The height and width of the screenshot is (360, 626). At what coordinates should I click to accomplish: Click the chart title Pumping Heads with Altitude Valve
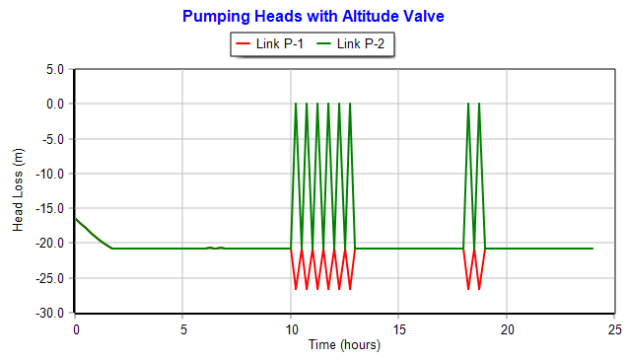(x=313, y=17)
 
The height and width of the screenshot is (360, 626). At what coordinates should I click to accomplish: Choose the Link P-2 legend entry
(x=356, y=44)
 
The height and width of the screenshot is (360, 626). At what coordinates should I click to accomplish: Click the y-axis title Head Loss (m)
(x=18, y=190)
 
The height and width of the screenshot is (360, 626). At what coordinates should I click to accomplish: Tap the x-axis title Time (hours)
(x=343, y=345)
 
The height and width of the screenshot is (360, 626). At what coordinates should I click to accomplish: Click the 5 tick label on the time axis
(x=183, y=328)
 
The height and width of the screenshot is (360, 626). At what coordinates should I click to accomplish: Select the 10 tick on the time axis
(x=291, y=328)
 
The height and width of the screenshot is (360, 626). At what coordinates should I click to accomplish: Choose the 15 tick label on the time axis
(x=399, y=328)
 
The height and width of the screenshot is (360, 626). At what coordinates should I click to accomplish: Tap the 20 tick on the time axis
(x=507, y=328)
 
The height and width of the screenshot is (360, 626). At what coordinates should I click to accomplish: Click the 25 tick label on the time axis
(x=614, y=328)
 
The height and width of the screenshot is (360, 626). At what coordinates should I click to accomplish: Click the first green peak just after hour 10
(x=296, y=104)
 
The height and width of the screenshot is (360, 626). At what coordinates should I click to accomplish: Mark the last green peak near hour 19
(x=479, y=104)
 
